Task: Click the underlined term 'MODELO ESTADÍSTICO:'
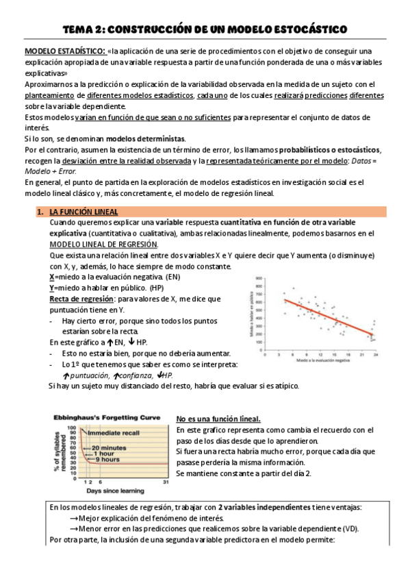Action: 65,51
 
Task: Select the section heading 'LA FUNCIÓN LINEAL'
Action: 84,212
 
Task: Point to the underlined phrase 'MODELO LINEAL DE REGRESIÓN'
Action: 103,245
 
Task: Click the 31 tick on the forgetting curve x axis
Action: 164,482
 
